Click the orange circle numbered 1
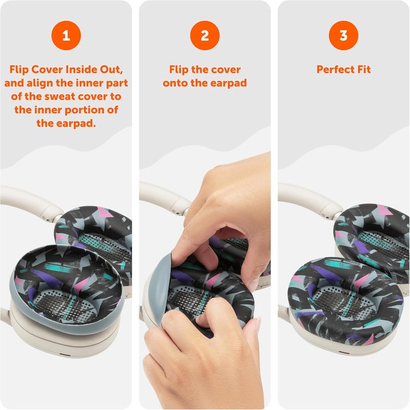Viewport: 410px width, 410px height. click(66, 35)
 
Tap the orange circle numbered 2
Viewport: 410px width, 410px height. click(204, 35)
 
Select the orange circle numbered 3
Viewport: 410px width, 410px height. click(343, 35)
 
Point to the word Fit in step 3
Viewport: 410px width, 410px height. click(364, 69)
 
